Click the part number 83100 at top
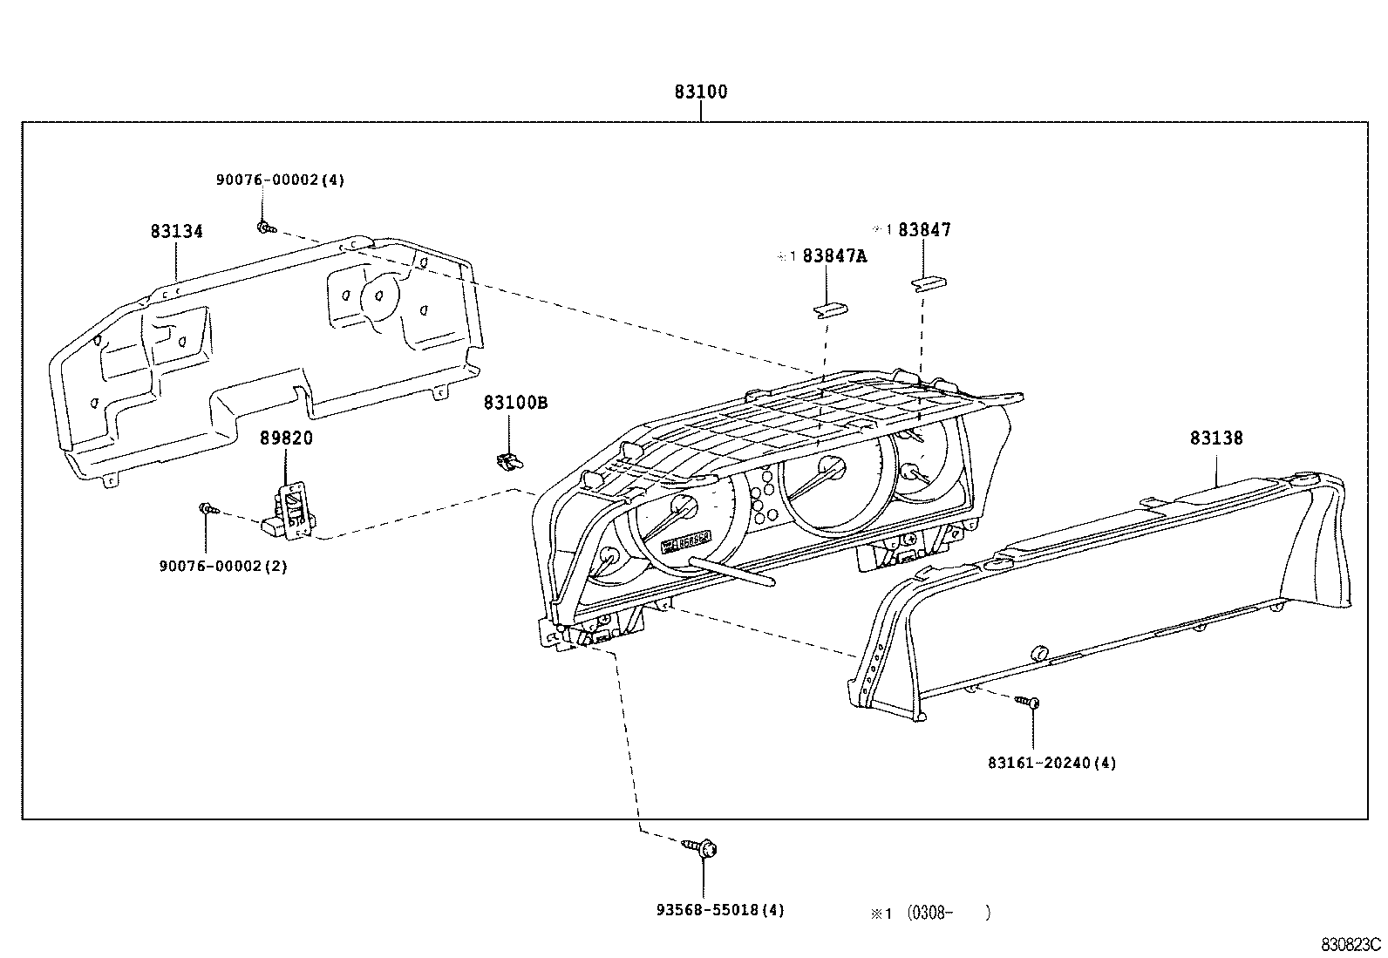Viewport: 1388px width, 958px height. pos(700,92)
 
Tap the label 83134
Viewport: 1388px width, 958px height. pos(176,231)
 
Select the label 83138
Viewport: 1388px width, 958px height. pos(1216,438)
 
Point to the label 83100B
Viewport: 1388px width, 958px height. pos(516,403)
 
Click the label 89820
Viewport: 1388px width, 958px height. pos(285,438)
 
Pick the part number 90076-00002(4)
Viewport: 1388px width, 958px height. pos(280,180)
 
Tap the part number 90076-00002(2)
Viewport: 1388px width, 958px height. pos(223,566)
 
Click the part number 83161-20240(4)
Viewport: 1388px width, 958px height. pos(1051,763)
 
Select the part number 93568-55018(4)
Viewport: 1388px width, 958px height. pos(720,910)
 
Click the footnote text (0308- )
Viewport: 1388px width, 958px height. pos(948,913)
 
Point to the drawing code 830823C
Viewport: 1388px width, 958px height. pos(1351,944)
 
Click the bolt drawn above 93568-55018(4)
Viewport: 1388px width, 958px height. pos(703,846)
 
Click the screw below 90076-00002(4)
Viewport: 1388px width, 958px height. pos(265,228)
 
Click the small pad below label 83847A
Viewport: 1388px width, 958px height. pos(830,310)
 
